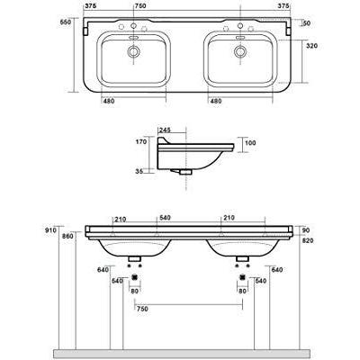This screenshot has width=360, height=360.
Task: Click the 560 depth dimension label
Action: [66, 22]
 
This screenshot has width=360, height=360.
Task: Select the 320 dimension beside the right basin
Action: [311, 46]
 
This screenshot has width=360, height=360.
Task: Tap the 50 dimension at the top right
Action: [307, 23]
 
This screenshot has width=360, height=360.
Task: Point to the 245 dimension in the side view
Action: [165, 130]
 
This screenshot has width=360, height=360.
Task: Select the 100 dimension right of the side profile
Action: [250, 143]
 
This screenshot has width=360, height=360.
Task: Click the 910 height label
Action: [51, 230]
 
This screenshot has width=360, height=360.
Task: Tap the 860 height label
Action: [68, 237]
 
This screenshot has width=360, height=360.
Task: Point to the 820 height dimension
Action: [308, 240]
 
